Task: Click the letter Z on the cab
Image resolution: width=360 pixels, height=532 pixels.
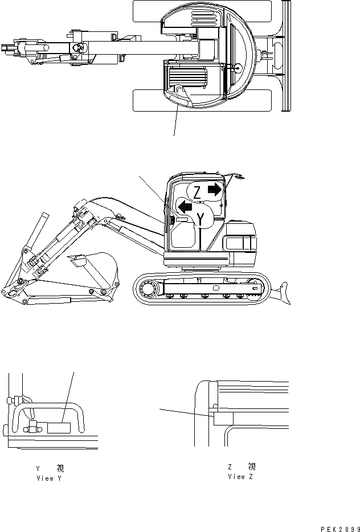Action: coord(196,192)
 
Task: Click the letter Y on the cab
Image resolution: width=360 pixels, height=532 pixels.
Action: coord(201,218)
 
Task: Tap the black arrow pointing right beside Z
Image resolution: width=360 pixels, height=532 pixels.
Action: coord(214,189)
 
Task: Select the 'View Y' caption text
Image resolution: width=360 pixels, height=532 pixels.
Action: coord(48,478)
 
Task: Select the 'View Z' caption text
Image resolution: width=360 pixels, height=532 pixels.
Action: coord(240,476)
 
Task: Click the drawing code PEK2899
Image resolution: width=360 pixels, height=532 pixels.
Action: coord(336,529)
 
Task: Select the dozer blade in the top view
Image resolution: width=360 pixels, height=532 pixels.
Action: coord(287,57)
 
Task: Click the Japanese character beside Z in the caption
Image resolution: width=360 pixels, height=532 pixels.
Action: coord(252,467)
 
